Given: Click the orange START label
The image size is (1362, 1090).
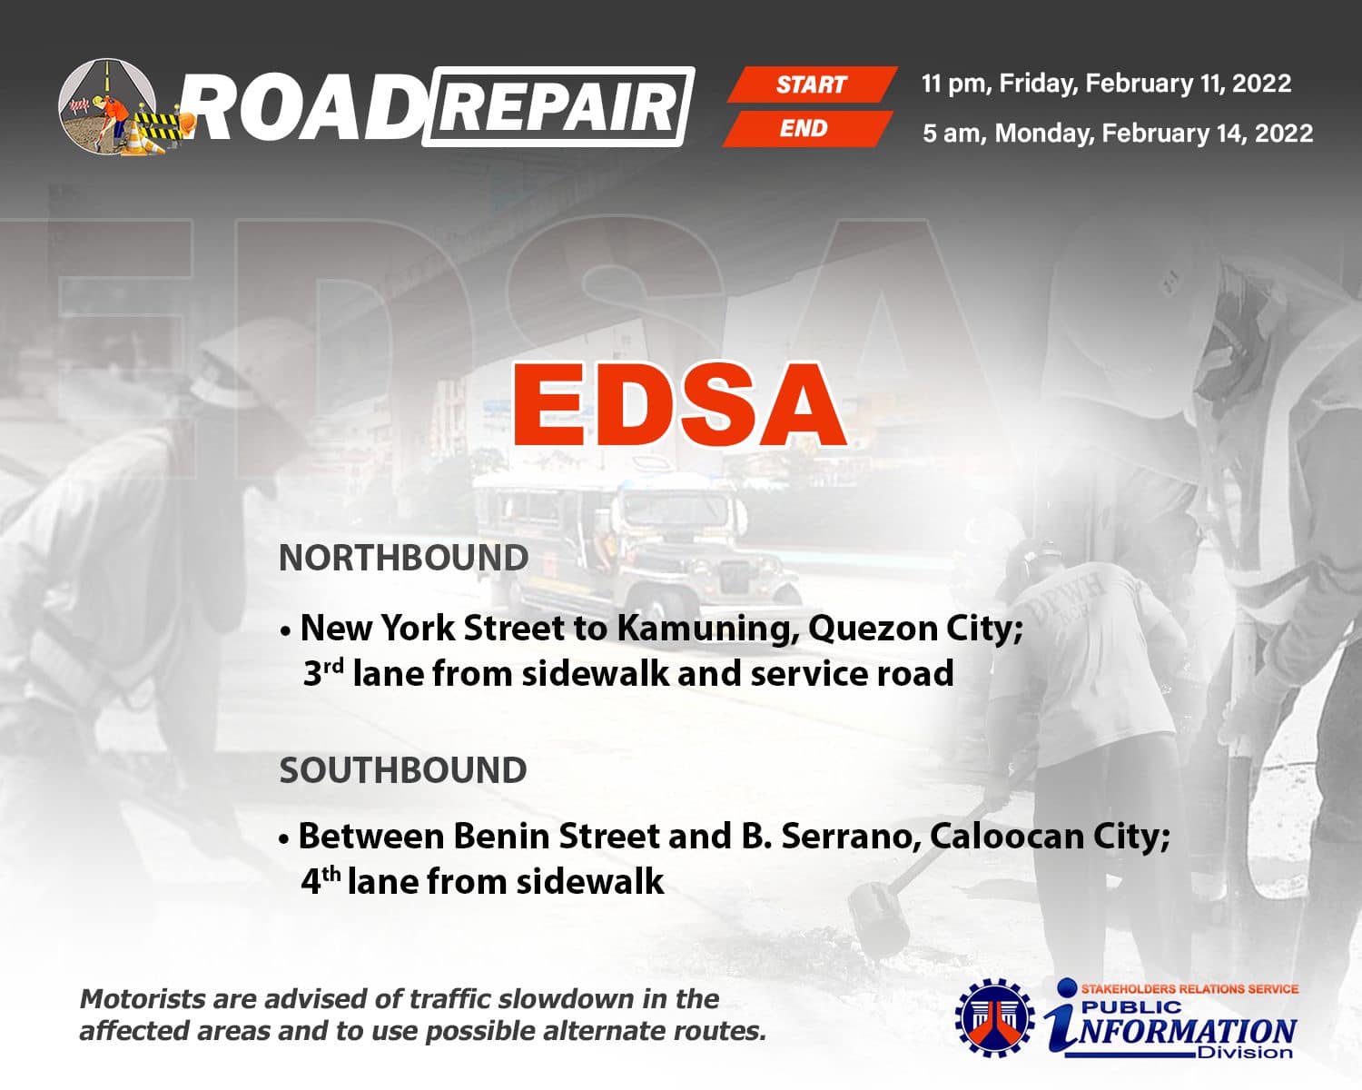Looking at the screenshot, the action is tap(812, 84).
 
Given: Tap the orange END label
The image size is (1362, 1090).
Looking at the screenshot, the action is tap(807, 129).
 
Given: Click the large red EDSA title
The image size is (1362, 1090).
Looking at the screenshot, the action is tap(679, 405).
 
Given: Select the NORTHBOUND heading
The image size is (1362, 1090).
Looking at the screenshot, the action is tap(404, 558).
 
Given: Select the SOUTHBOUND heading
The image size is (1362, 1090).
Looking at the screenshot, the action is tap(403, 770).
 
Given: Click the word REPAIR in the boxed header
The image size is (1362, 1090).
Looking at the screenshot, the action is tap(558, 107).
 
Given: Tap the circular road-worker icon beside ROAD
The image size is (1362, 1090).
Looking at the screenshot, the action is tap(107, 106).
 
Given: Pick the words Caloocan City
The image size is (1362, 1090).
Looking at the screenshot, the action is tap(1050, 837).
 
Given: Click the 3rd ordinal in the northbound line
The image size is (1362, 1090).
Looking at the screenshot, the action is tap(323, 672).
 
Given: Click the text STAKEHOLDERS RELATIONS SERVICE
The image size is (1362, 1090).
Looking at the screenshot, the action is tap(1189, 989).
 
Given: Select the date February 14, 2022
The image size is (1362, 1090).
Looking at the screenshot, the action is tap(1208, 134).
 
